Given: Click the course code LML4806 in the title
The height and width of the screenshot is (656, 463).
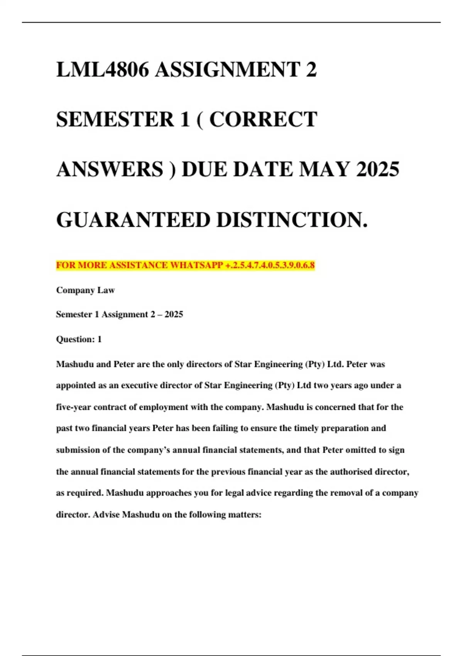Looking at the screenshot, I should coord(102,70).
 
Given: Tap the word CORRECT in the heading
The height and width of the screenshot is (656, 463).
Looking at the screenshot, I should coord(263,119).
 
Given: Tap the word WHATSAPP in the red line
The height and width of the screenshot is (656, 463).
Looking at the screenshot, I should coord(197,265).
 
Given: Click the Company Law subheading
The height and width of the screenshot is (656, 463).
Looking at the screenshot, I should coord(85,290).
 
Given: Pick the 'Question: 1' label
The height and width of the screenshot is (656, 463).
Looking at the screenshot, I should coord(79,339).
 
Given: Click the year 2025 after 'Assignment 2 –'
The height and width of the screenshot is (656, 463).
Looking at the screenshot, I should coord(174,314).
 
